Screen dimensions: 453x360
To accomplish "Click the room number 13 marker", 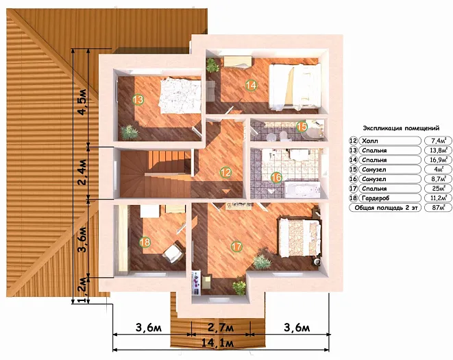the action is tap(138, 99).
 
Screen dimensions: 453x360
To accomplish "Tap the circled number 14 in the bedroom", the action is tap(251, 85).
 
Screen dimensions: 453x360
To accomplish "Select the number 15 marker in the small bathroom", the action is tap(302, 126).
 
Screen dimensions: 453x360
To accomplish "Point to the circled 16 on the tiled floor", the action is tap(276, 178).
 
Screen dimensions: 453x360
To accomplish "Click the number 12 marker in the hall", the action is tap(225, 172).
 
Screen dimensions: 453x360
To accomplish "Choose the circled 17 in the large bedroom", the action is tap(236, 247).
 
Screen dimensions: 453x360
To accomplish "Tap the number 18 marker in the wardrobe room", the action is tap(145, 242).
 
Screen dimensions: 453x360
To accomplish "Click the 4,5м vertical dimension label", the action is tap(82, 101).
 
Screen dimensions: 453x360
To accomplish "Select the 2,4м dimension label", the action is tap(82, 172).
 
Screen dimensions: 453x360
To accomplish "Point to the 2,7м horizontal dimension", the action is tap(221, 328).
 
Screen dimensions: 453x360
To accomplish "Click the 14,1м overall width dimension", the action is tap(217, 343).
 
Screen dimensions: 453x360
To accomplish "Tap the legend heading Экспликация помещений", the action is tap(401, 128).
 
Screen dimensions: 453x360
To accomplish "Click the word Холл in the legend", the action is tap(370, 141).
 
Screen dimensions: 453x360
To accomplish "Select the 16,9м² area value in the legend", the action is tap(439, 160).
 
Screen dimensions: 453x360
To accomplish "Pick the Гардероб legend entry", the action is tap(376, 198).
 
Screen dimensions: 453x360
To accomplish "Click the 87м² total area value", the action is tap(439, 208).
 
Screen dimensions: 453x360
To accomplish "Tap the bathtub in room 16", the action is tap(302, 190).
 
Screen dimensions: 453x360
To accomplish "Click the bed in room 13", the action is tap(180, 96).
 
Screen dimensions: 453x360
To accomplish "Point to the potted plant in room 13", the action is tap(130, 132).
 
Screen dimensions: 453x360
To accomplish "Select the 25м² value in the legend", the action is tap(439, 189).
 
